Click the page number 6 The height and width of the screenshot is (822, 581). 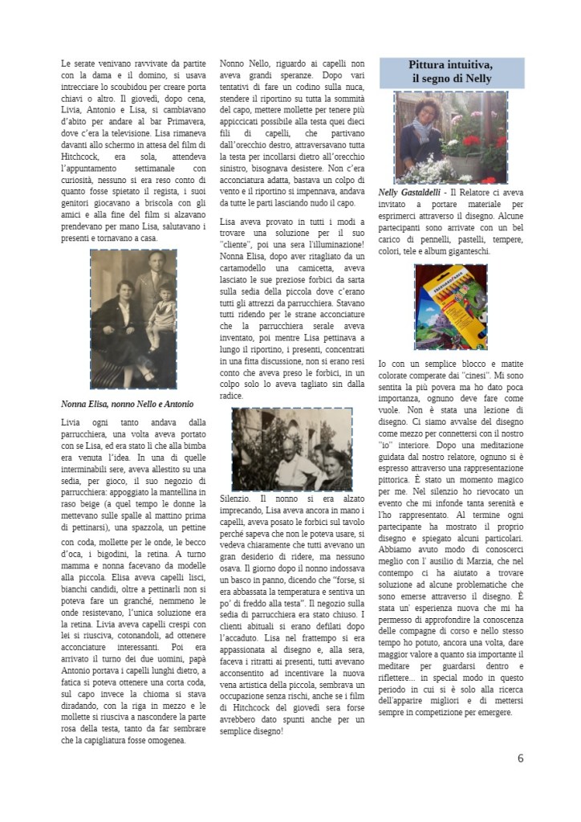point(520,758)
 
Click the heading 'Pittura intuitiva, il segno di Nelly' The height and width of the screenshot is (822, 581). point(450,71)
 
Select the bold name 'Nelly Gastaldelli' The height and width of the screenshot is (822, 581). point(415,193)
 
